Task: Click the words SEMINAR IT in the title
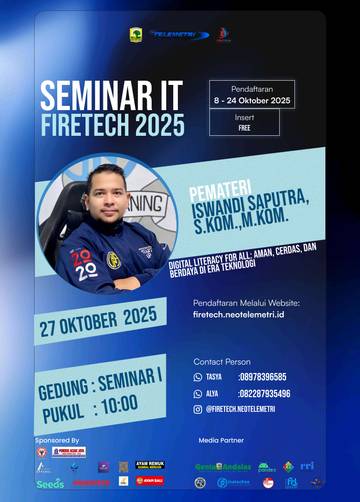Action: click(x=111, y=95)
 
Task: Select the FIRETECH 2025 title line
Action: click(x=112, y=125)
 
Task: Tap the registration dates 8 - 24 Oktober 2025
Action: click(x=252, y=101)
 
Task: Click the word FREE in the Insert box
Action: click(x=244, y=129)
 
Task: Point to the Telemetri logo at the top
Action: click(x=180, y=34)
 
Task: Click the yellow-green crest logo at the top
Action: click(x=136, y=35)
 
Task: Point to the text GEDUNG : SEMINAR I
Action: click(x=100, y=382)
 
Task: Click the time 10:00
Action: click(x=118, y=408)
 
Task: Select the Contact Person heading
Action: click(x=222, y=361)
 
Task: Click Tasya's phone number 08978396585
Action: click(x=263, y=377)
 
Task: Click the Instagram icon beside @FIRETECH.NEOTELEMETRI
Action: click(x=198, y=409)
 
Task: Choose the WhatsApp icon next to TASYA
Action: click(x=198, y=377)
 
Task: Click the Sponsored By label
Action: click(x=57, y=439)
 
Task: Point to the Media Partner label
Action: click(x=222, y=439)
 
